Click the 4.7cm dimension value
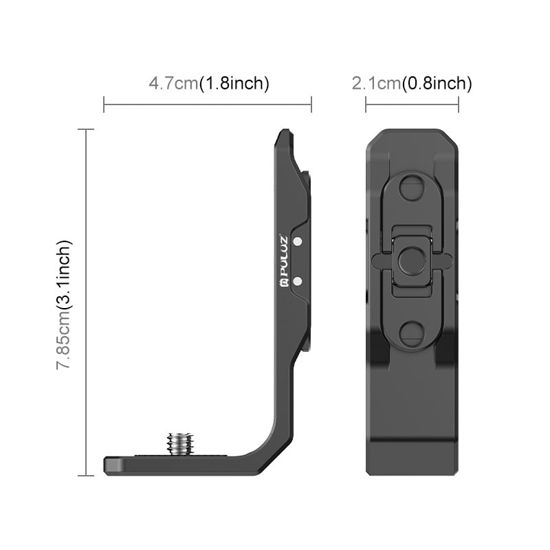173,84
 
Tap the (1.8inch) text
234,84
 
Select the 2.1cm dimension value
376,84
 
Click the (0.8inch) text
437,84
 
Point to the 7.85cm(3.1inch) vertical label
64,305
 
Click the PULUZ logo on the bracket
284,261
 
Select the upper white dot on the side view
298,241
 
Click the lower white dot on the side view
298,280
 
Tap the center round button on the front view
412,260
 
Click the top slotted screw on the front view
412,186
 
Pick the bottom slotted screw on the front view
412,333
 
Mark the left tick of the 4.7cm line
104,104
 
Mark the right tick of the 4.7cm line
311,104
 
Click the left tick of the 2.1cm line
366,104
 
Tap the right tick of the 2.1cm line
458,104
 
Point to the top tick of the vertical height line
86,129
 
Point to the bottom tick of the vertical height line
86,475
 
